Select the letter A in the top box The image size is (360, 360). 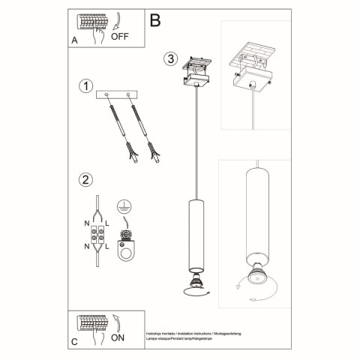(x=74, y=40)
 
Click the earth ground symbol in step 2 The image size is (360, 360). (x=124, y=207)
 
